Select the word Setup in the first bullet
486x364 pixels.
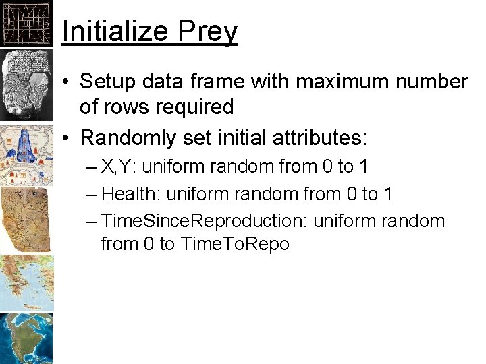105,82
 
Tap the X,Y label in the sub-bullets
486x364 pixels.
119,166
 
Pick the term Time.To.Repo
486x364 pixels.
235,243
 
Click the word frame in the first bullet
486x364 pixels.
219,82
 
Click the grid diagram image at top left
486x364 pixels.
26,23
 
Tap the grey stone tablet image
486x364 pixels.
26,84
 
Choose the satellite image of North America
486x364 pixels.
26,338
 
